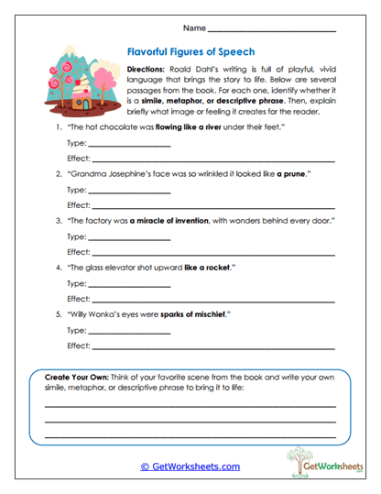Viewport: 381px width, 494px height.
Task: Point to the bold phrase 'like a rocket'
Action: point(212,268)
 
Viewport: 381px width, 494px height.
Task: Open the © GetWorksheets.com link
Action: point(190,466)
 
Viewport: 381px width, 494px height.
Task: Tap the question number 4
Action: point(59,268)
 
